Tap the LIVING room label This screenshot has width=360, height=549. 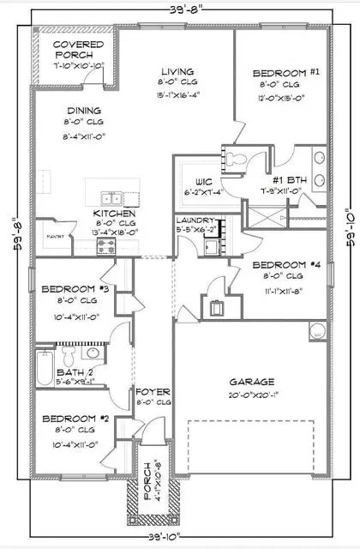[x=177, y=72]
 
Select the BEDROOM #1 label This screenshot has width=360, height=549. [x=279, y=74]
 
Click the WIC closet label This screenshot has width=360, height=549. [x=204, y=182]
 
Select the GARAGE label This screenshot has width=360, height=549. [x=250, y=382]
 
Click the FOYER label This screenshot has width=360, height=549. [x=153, y=391]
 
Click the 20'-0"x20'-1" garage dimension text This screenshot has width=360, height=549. [x=250, y=395]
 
